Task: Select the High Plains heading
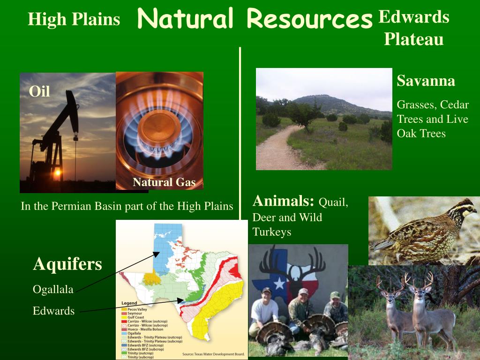tap(74, 19)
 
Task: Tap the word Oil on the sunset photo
tap(39, 91)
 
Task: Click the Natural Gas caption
tap(164, 182)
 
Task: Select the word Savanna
tap(426, 81)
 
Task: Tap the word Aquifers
tap(67, 264)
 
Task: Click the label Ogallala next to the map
tap(53, 290)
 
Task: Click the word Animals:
tap(283, 202)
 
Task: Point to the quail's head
tap(464, 208)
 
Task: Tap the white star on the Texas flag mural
tap(280, 283)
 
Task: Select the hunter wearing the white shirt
tap(265, 309)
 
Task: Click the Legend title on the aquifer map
tap(129, 303)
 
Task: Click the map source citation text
tap(213, 354)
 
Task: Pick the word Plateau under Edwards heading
tap(413, 39)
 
